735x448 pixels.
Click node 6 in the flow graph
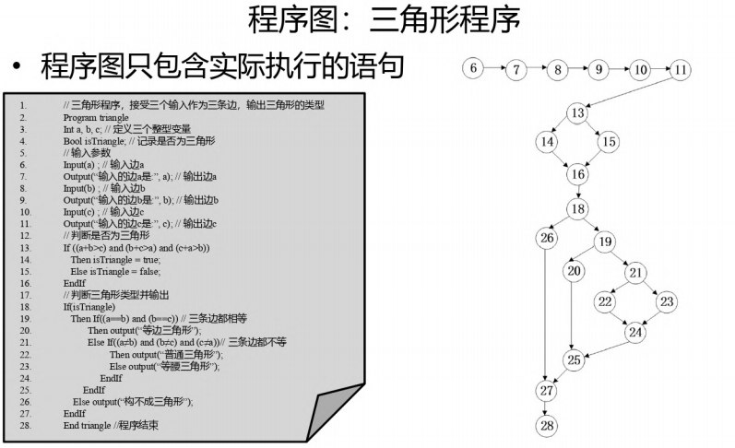(473, 68)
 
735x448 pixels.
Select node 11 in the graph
(681, 69)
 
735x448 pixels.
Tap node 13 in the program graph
(577, 113)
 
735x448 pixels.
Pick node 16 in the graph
(577, 173)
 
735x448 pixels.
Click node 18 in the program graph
(577, 209)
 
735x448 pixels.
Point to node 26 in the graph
(547, 239)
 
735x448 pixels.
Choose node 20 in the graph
(575, 271)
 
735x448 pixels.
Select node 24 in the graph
(635, 332)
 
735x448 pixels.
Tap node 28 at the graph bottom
(547, 425)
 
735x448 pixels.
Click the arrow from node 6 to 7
(494, 68)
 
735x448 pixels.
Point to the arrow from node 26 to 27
(547, 313)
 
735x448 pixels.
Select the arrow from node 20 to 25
(575, 313)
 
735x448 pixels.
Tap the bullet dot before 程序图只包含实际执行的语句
(17, 67)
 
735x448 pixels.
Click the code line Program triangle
(96, 118)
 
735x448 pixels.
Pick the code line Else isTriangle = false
(115, 272)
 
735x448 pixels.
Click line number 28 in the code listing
(24, 426)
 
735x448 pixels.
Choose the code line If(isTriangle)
(89, 307)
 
